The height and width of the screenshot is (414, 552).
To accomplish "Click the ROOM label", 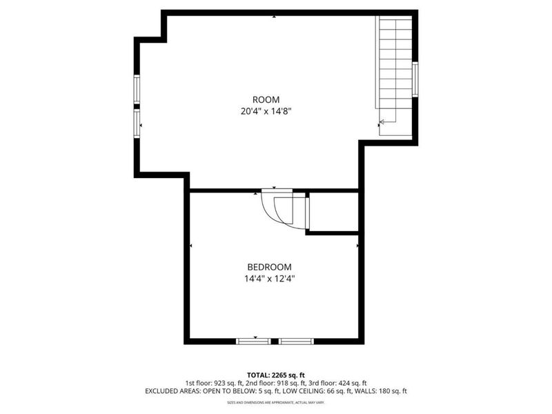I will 266,99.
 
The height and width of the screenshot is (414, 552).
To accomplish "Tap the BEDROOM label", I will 269,267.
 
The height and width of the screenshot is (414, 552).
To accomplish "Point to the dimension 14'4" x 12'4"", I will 269,279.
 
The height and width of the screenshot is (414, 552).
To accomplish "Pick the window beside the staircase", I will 415,79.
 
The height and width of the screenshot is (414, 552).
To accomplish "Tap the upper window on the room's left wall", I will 137,89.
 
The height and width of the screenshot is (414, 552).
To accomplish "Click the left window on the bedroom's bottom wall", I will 254,341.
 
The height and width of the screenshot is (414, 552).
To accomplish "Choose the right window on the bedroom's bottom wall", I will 296,341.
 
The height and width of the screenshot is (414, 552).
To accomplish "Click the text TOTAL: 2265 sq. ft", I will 275,375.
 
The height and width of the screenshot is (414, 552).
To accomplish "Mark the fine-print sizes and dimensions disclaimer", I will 275,402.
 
